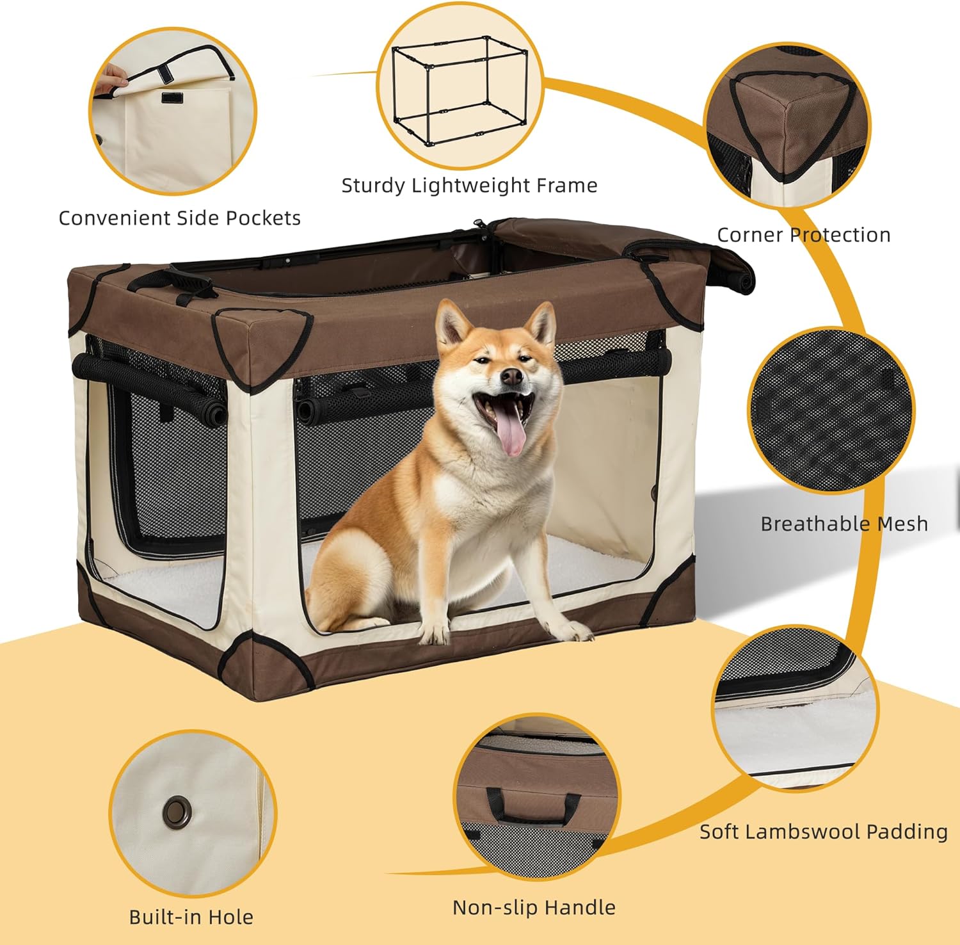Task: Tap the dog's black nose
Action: pyautogui.click(x=511, y=377)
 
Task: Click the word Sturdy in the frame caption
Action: pyautogui.click(x=373, y=186)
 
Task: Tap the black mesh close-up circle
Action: pyautogui.click(x=831, y=411)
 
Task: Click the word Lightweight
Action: pyautogui.click(x=470, y=186)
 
